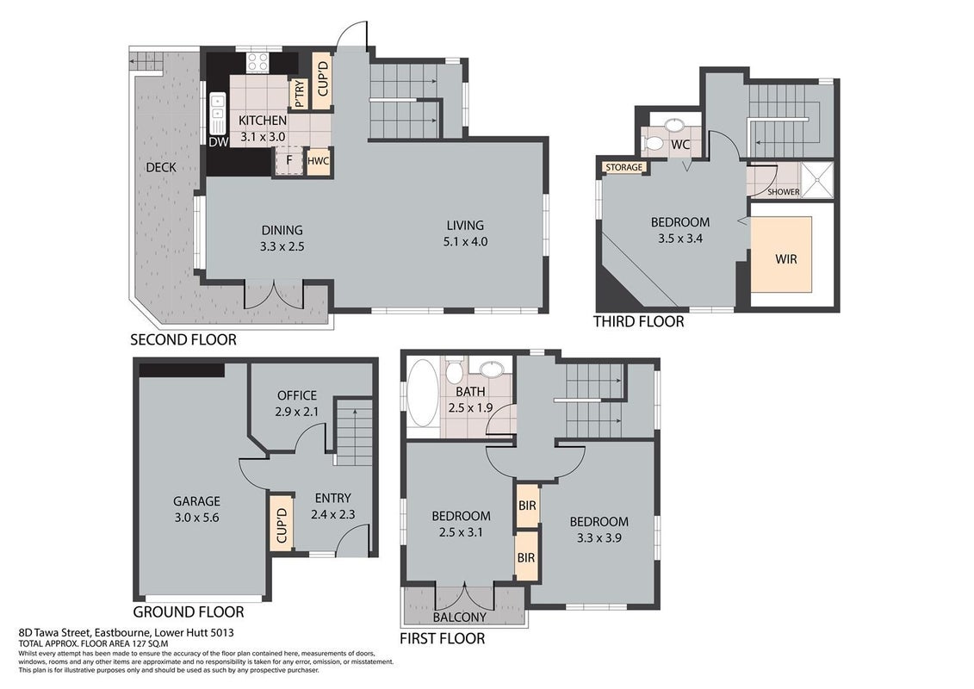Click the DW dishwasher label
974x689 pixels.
219,141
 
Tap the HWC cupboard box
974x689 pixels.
318,161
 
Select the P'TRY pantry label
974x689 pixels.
300,94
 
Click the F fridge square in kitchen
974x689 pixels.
288,161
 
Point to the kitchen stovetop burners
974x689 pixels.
257,61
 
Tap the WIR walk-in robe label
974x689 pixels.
785,258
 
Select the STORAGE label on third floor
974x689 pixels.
623,167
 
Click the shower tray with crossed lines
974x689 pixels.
817,179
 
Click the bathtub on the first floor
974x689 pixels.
424,393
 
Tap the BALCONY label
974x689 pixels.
460,617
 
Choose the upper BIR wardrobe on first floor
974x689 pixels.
527,506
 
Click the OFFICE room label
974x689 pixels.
297,395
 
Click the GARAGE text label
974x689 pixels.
197,500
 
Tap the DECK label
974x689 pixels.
161,167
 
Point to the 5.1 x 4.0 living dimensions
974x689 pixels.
465,242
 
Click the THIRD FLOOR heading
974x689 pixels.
638,322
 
